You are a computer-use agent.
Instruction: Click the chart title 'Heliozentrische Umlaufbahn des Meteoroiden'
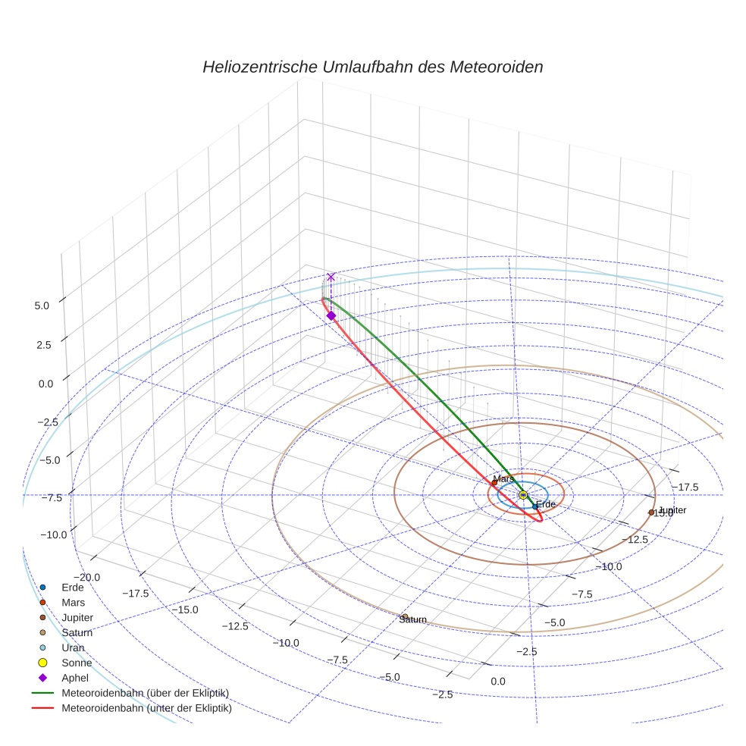point(372,67)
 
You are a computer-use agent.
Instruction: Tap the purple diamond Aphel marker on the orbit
point(331,315)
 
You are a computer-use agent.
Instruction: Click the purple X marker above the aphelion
point(331,277)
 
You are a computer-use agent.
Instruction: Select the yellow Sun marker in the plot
point(523,495)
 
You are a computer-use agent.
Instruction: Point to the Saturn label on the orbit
point(413,619)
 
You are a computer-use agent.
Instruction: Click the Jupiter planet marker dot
point(651,512)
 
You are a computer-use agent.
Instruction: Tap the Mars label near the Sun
point(503,479)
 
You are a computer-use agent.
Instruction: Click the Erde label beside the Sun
point(546,504)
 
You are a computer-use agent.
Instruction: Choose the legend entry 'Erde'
point(74,588)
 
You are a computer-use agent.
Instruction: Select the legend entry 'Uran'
point(74,648)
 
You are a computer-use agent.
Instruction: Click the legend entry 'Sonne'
point(77,663)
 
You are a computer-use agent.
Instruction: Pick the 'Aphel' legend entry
point(75,678)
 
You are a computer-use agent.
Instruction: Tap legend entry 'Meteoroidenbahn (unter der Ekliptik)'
point(146,709)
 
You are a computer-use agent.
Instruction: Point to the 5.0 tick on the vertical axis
point(42,305)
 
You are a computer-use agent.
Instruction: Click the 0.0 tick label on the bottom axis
point(497,682)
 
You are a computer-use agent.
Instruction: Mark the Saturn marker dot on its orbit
point(405,617)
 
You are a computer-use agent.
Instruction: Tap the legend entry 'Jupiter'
point(78,618)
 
